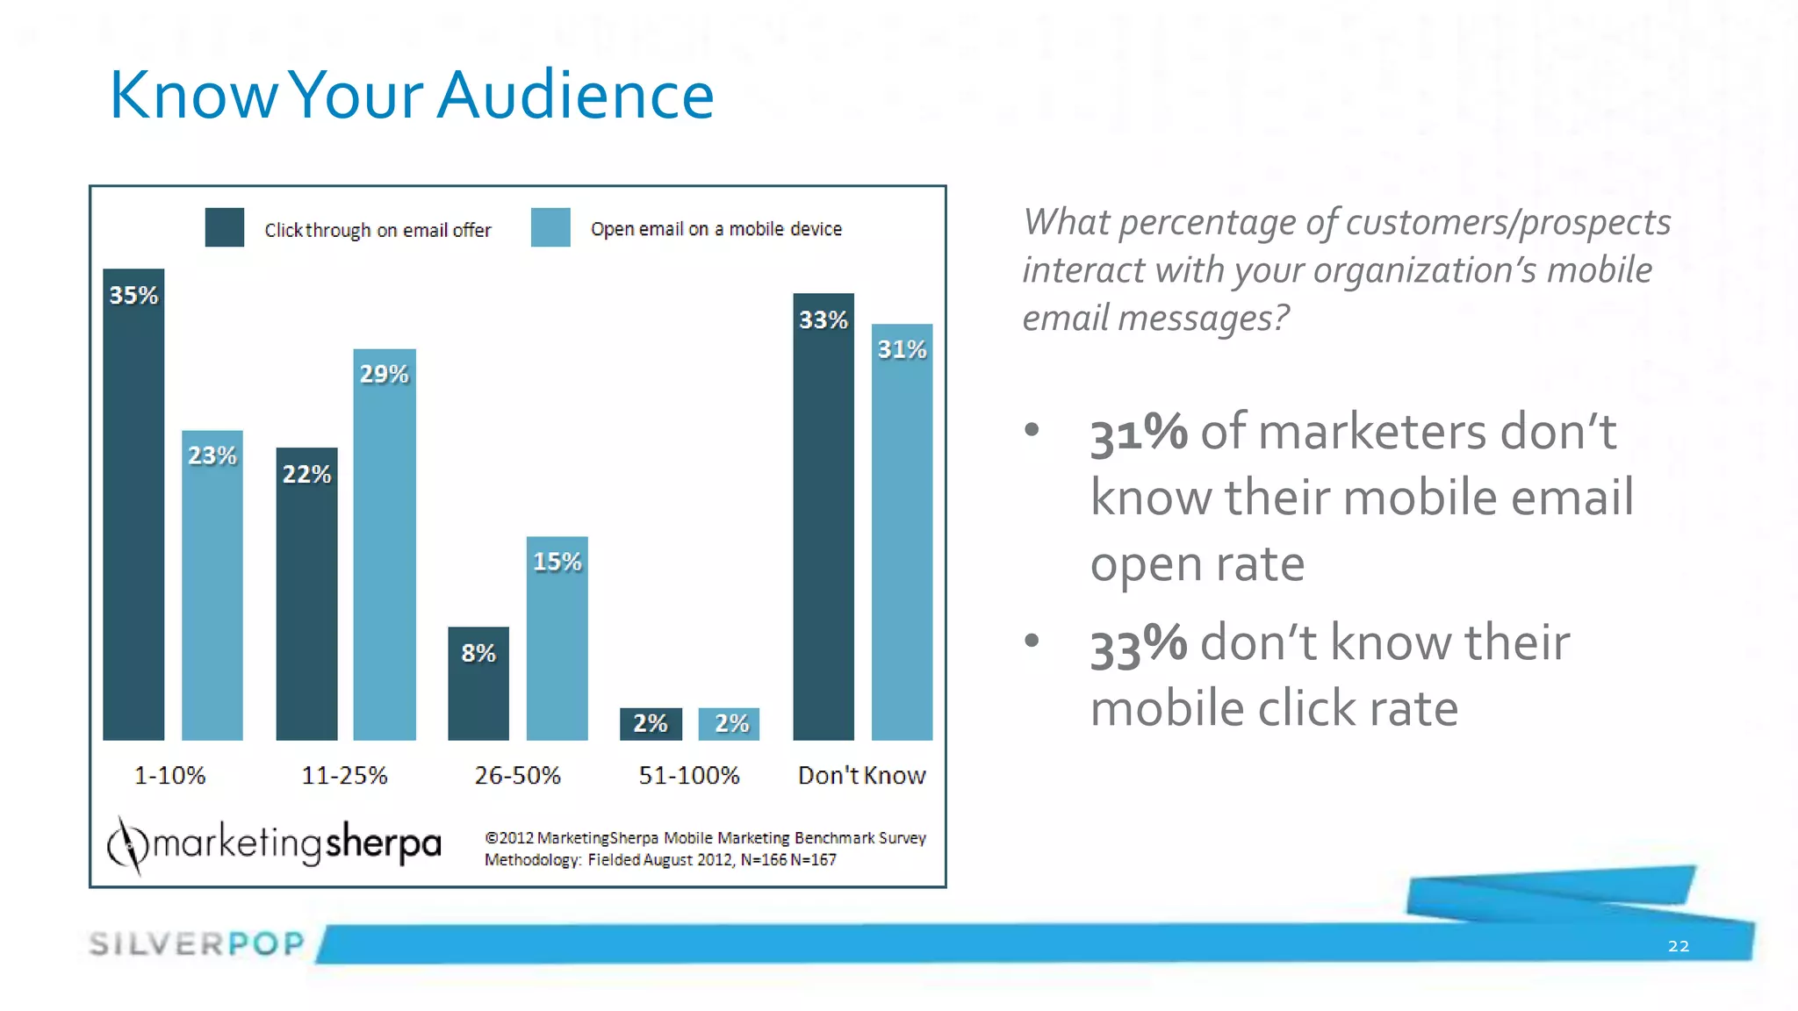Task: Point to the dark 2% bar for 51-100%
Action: click(651, 724)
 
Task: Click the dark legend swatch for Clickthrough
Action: click(225, 227)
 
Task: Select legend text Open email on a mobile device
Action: click(716, 229)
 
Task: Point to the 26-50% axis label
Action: click(517, 776)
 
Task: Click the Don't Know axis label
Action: click(861, 776)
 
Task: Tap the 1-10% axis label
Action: click(169, 776)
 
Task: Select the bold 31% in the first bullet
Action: click(1139, 433)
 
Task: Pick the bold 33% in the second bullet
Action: click(1139, 643)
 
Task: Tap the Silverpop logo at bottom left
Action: click(197, 943)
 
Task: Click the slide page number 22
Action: click(1678, 946)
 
